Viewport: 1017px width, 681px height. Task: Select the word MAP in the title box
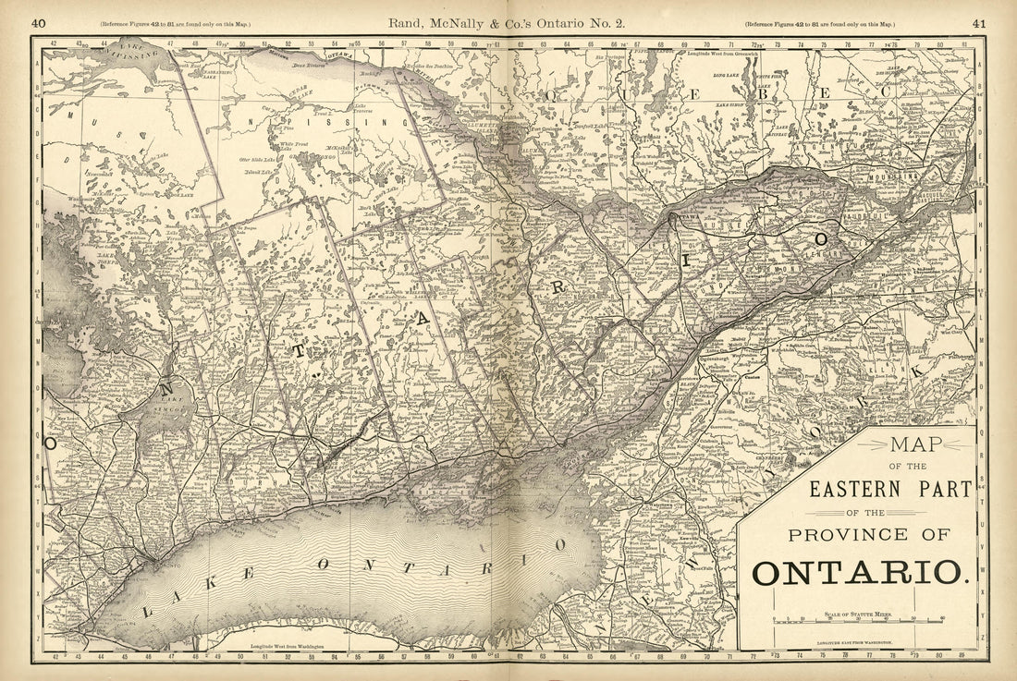click(915, 444)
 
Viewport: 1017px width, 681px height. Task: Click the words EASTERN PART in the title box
click(890, 489)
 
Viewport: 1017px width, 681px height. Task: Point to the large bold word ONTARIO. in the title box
click(861, 572)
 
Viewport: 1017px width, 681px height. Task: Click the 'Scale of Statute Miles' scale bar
click(858, 618)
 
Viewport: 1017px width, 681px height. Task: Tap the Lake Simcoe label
click(172, 404)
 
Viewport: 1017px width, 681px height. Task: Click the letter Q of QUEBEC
click(555, 93)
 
